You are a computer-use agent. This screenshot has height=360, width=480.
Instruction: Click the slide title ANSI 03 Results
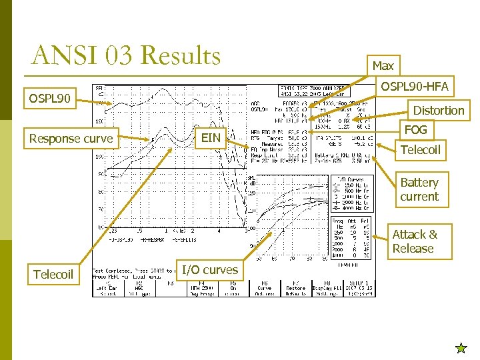point(126,55)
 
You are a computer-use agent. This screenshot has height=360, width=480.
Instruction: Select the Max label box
point(383,65)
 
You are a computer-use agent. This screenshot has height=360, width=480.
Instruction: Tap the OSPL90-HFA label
point(414,86)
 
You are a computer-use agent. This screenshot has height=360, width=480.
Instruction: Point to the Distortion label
point(439,110)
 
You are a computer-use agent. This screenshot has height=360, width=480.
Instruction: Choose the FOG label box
point(415,129)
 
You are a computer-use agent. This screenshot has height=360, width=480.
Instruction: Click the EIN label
point(211,138)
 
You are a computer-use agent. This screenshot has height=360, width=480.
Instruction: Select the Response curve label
point(71,139)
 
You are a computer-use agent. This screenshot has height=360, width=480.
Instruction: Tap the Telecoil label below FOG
point(421,149)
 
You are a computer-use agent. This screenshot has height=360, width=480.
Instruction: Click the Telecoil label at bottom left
point(53,274)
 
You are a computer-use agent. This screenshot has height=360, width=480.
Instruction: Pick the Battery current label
point(419,189)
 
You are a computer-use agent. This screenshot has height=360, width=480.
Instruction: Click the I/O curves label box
point(210,269)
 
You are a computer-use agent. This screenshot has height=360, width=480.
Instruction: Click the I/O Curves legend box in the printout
point(351,193)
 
